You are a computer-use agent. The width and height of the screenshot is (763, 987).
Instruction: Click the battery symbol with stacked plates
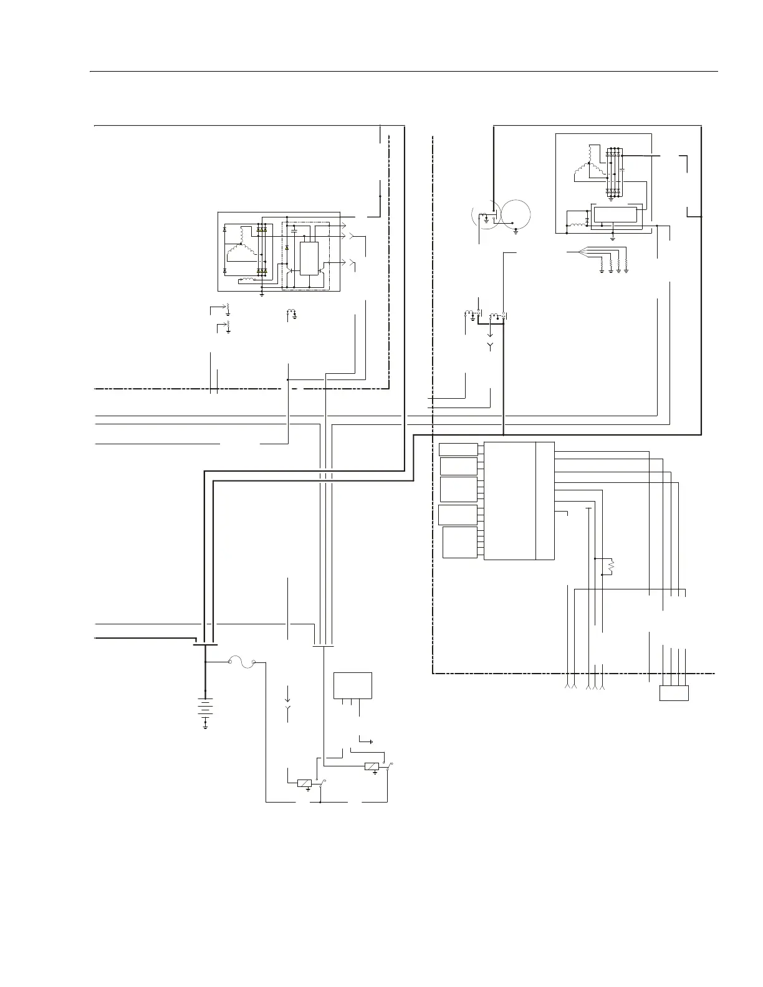(205, 707)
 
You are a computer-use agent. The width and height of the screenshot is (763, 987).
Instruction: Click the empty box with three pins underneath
(353, 685)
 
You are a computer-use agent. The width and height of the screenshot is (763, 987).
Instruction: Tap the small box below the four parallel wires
(674, 693)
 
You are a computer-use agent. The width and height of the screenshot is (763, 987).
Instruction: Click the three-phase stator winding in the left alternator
(240, 251)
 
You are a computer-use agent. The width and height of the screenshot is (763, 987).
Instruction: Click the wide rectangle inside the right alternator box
(616, 214)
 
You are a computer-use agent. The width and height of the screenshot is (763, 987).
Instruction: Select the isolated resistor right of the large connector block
(611, 566)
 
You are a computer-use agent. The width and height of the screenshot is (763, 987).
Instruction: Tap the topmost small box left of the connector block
(458, 449)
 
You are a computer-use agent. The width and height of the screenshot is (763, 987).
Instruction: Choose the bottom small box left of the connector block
(459, 542)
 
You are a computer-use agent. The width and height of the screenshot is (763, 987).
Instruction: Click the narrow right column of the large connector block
(545, 501)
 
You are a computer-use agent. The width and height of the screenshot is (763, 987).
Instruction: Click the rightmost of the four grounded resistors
(626, 268)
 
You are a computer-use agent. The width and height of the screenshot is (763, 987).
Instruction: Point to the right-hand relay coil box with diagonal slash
(372, 766)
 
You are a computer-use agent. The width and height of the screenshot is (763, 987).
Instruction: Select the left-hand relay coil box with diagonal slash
(304, 783)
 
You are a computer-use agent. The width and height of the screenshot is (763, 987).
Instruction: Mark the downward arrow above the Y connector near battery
(288, 694)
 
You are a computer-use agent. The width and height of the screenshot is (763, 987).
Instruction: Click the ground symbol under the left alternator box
(262, 293)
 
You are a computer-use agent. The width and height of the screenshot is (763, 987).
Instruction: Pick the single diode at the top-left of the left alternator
(224, 230)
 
